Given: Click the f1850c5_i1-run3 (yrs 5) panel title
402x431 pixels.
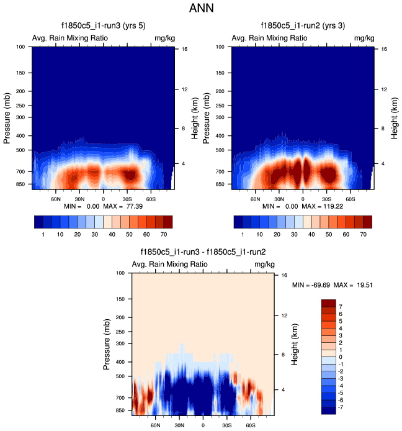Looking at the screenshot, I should coord(102,26).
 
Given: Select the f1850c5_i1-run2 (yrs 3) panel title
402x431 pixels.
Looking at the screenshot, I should coord(302,26).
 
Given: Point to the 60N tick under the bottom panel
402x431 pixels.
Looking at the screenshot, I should coord(156,425).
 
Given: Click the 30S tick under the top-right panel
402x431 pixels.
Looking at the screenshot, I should coord(326,199).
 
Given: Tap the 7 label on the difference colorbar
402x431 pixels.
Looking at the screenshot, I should coord(341,307).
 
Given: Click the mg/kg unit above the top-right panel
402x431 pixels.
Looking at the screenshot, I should coord(364,39).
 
